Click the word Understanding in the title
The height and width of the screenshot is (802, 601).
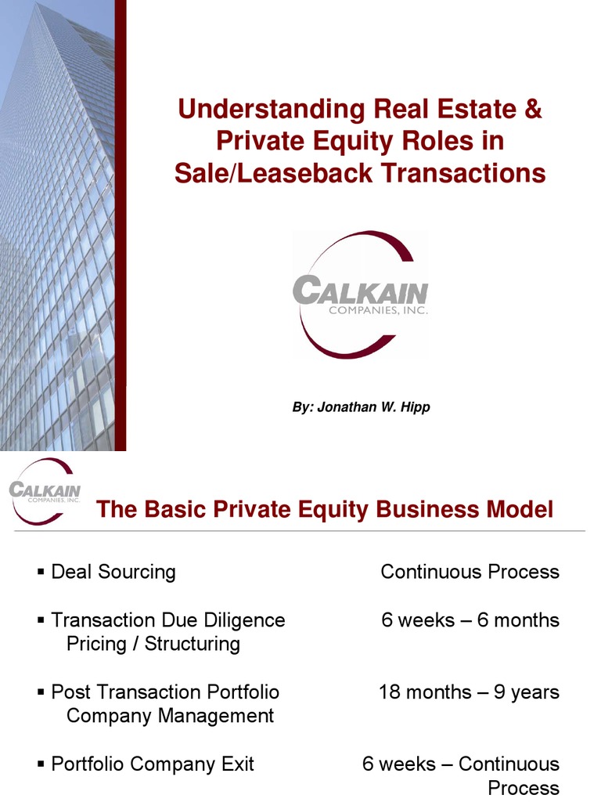tap(271, 109)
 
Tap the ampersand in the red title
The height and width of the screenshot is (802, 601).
tap(532, 109)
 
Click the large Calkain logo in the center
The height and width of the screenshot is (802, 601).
tap(361, 294)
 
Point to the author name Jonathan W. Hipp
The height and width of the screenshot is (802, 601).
tap(373, 407)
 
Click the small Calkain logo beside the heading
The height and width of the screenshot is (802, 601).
tap(45, 491)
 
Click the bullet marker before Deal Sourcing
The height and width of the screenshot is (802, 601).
tap(41, 573)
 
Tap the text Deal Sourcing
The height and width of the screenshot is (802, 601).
tap(113, 573)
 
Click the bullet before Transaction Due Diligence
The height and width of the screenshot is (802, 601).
tap(41, 621)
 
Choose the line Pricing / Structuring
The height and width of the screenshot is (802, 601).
tap(153, 645)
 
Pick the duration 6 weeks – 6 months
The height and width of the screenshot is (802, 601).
tap(470, 620)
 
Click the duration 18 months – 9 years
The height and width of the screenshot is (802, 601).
tap(469, 692)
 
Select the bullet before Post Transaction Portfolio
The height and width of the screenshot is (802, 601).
tap(41, 693)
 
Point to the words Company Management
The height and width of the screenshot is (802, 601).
tap(170, 716)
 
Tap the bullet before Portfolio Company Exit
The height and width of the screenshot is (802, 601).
tap(41, 765)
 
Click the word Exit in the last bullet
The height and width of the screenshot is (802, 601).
tap(237, 764)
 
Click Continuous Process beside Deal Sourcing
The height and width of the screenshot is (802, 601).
tap(470, 572)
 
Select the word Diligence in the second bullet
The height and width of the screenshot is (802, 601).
tap(245, 620)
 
